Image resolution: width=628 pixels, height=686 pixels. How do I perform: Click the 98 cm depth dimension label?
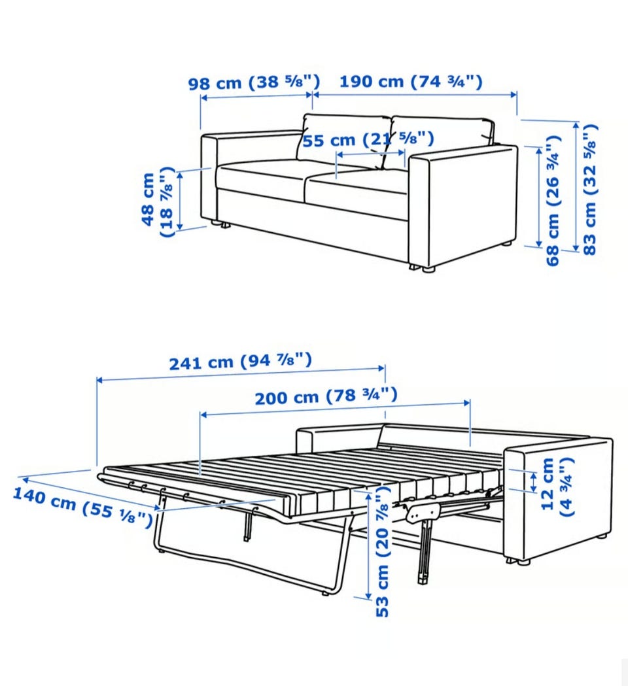[x=254, y=82]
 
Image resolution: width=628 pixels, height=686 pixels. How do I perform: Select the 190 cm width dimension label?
[x=411, y=81]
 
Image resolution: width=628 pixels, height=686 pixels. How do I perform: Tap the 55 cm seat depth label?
[x=368, y=139]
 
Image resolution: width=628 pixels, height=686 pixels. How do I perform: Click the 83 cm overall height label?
[x=590, y=189]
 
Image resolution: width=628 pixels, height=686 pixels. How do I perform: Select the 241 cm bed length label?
[x=241, y=362]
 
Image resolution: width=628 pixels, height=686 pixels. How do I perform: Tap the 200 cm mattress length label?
[x=326, y=396]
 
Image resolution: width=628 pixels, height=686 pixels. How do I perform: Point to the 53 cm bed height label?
[x=382, y=551]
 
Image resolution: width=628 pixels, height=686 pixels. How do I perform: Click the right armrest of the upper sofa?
[x=463, y=205]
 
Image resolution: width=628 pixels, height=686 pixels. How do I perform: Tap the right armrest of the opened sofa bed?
[x=559, y=499]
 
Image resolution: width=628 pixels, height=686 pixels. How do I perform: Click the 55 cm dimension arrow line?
[x=371, y=154]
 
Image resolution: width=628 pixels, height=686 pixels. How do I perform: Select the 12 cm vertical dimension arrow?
[x=533, y=482]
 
